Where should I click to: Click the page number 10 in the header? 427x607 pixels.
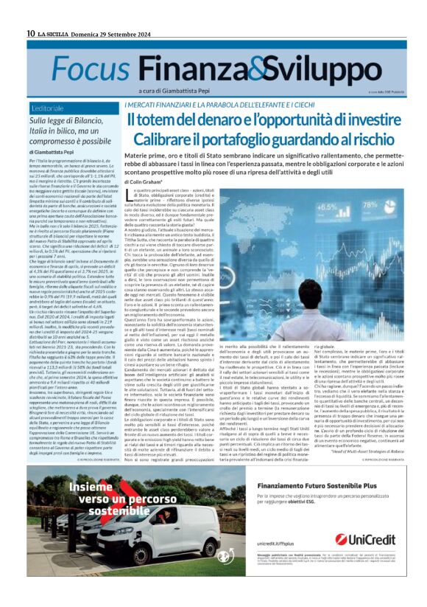click(x=30, y=33)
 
